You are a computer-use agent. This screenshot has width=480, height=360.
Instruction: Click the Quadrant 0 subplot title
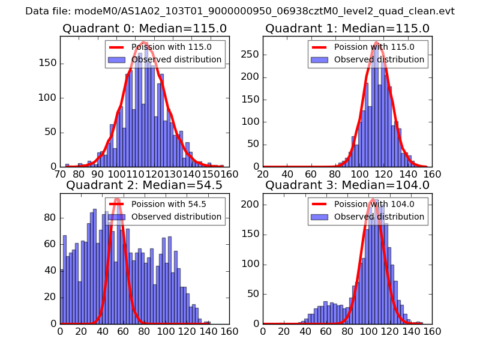tap(144, 28)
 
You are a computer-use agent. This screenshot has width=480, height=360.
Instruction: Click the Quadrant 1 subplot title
tap(347, 28)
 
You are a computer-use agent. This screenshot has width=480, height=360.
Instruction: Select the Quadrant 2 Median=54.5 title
tap(144, 185)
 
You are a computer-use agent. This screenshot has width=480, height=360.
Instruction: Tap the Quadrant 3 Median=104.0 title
tap(347, 185)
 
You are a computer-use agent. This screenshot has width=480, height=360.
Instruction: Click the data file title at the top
tap(240, 11)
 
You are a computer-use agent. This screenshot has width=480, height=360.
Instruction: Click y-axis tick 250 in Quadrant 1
tap(251, 54)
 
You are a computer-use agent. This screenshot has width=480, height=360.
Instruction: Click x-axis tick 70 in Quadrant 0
tap(60, 174)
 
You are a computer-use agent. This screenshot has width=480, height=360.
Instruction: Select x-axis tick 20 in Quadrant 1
tap(263, 174)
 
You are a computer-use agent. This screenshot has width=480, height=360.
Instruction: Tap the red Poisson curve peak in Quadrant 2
tap(117, 199)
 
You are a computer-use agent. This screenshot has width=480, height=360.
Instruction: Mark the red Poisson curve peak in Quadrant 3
tap(373, 200)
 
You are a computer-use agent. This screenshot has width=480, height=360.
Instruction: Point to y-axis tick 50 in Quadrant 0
tap(52, 132)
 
